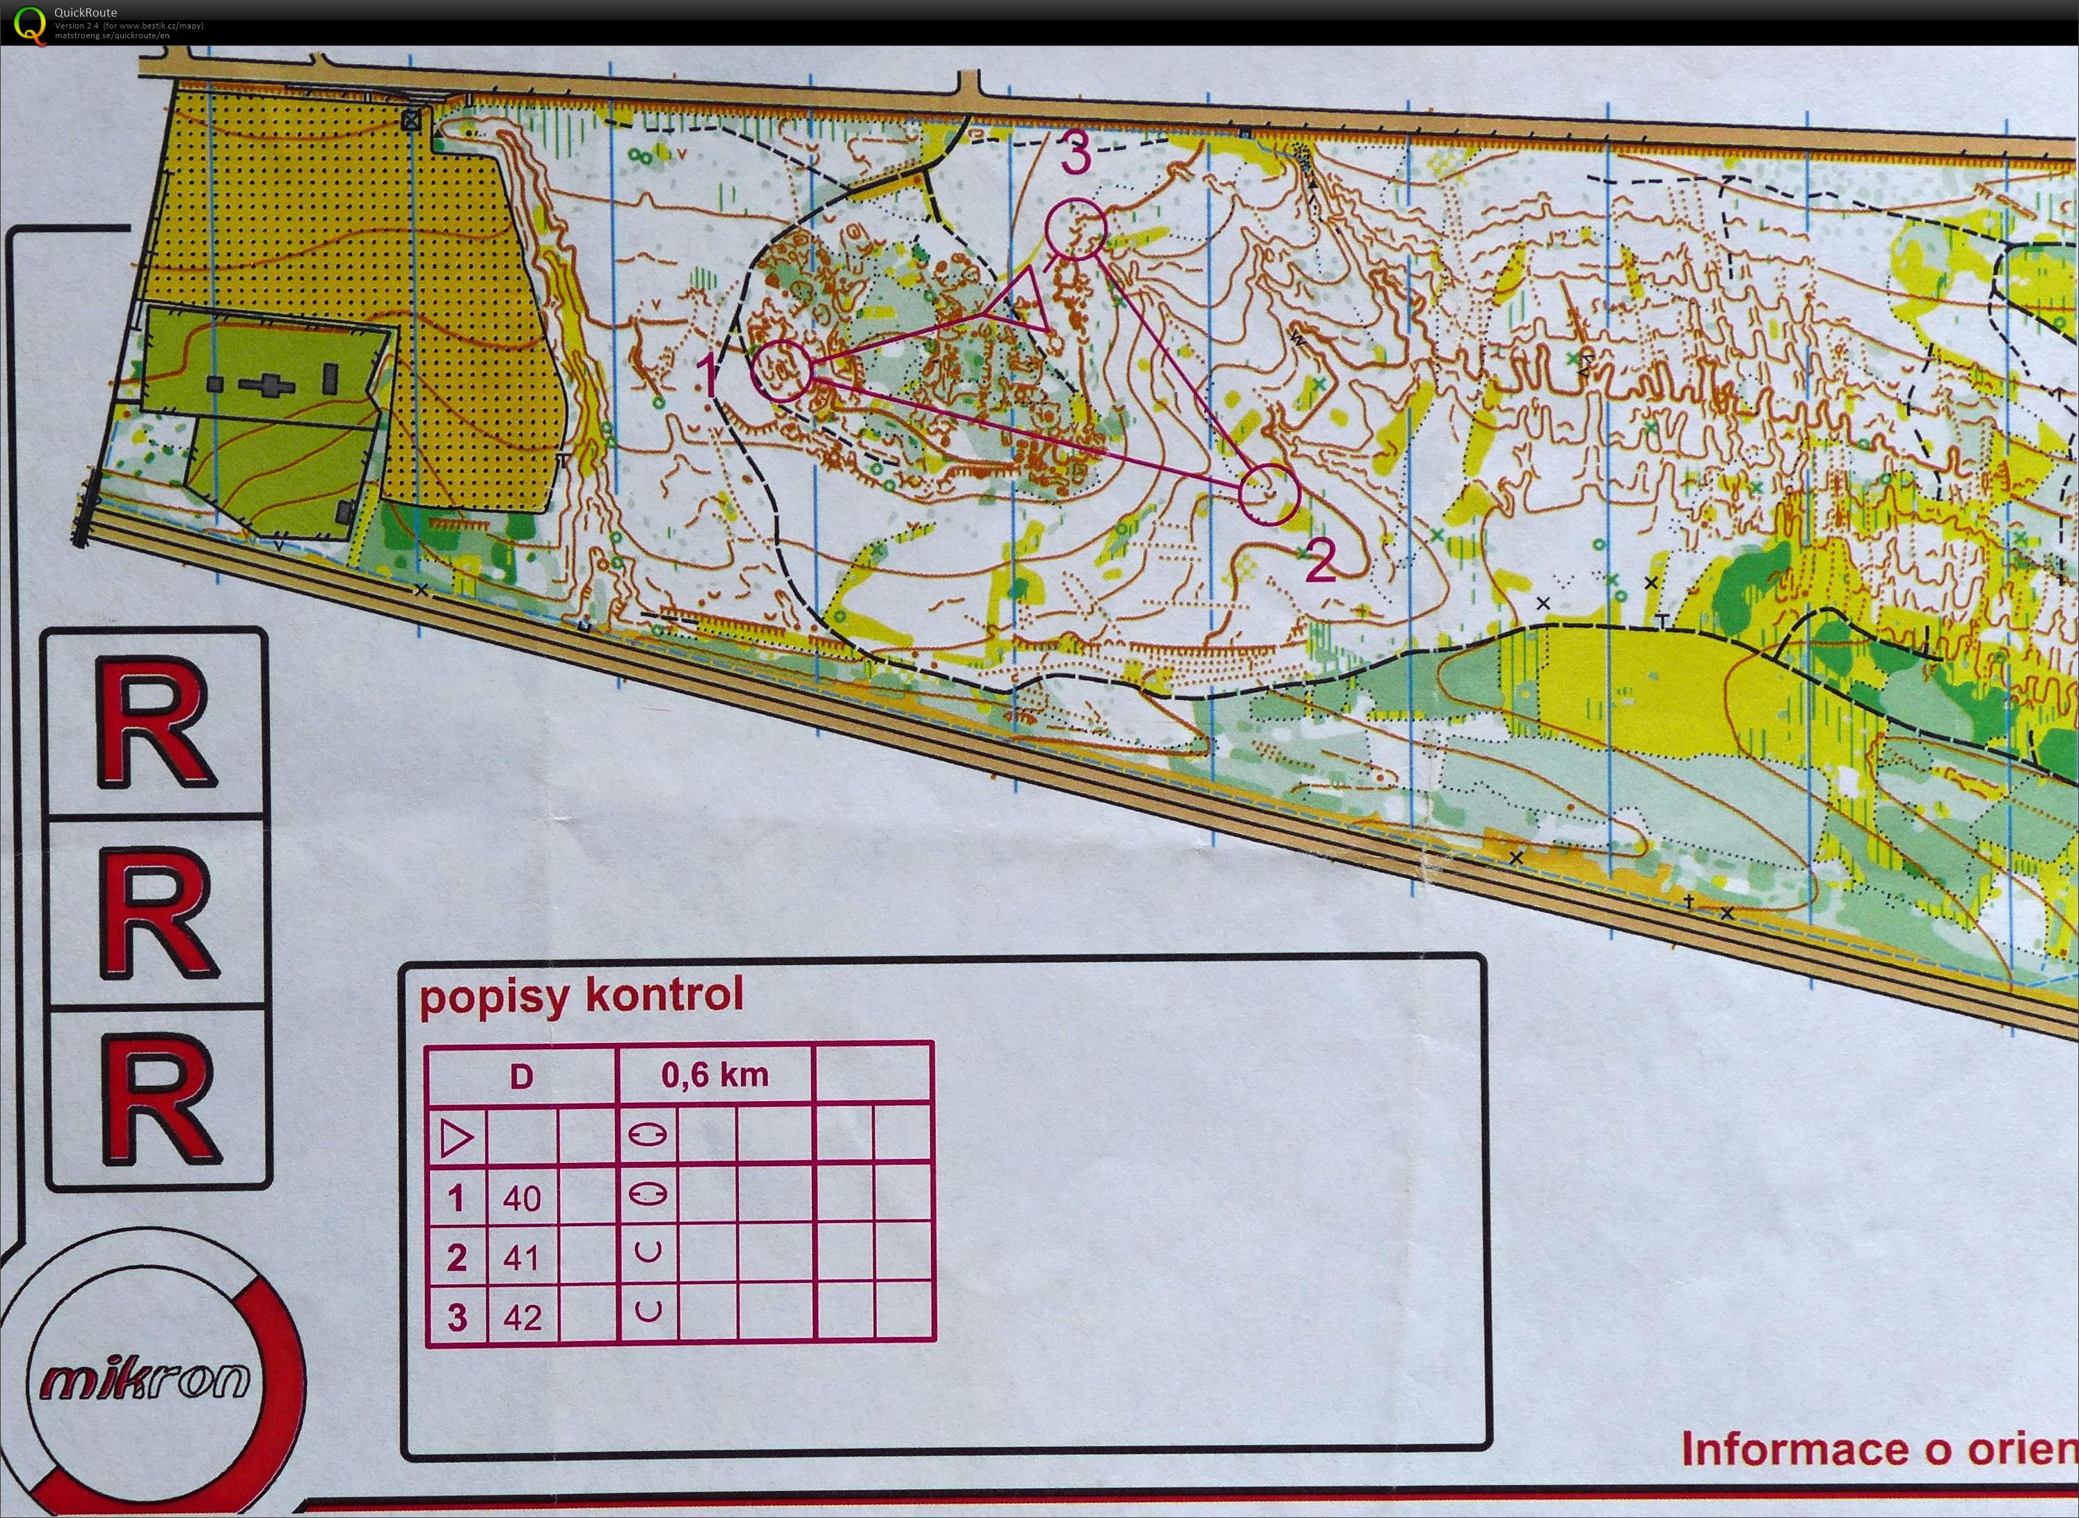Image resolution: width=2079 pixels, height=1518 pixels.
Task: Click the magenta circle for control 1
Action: [x=782, y=370]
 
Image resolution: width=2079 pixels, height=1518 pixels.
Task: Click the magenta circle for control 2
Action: [x=1268, y=493]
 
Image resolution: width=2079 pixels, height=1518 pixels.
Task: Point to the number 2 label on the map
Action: [x=1320, y=561]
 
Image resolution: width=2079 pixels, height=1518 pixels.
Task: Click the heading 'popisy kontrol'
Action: [x=581, y=996]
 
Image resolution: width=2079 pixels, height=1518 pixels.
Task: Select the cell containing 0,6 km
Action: [x=714, y=1075]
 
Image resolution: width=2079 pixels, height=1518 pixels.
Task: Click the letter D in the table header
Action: [x=521, y=1076]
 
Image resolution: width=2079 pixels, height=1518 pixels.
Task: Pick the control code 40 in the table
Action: [x=521, y=1198]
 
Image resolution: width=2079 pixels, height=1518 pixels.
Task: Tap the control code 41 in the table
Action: [x=521, y=1257]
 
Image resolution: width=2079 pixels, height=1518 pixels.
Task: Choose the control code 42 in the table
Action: [x=521, y=1318]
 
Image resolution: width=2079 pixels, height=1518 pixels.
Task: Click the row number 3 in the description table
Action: [x=457, y=1318]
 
